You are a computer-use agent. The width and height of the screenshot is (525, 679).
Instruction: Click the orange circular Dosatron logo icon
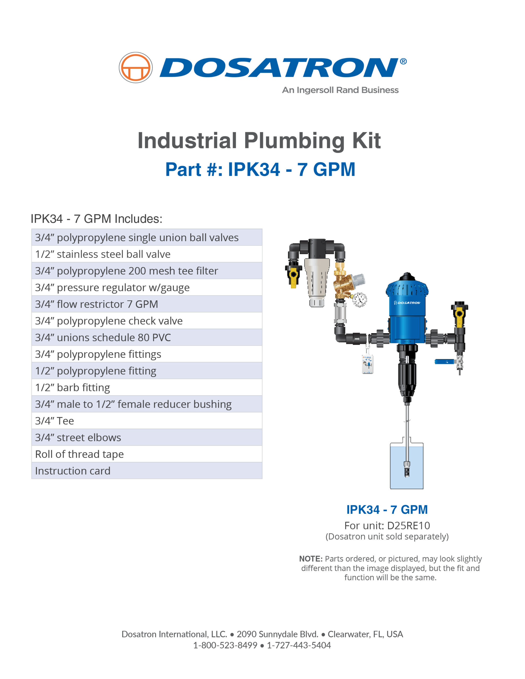136,67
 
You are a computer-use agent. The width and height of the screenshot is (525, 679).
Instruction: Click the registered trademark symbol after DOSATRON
403,61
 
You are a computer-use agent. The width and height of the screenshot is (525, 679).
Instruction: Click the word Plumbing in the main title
294,141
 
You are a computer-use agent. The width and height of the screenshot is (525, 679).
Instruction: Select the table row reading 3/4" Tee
147,421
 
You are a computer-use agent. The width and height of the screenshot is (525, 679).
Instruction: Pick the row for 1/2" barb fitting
147,388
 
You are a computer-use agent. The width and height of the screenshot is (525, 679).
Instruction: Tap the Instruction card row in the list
147,471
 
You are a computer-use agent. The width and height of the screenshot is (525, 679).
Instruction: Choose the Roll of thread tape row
147,454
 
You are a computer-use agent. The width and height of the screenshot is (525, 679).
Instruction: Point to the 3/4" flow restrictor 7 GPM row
147,304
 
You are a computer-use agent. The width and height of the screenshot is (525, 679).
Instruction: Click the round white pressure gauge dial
360,300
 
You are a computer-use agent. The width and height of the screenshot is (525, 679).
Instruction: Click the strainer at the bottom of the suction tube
407,469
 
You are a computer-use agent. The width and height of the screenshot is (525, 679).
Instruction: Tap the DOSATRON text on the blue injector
407,303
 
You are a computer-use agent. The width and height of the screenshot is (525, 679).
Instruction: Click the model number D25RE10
408,526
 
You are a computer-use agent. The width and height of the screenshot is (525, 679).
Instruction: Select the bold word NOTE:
311,559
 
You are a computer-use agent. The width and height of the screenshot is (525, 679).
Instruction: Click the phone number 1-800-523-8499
225,645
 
